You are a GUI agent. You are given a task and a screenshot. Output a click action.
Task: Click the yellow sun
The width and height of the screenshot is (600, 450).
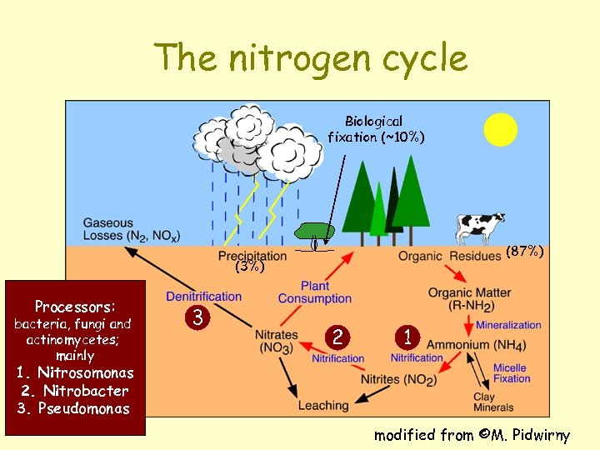pyautogui.click(x=502, y=129)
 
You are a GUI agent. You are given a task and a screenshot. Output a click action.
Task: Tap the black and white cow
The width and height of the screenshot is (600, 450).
pyautogui.click(x=480, y=226)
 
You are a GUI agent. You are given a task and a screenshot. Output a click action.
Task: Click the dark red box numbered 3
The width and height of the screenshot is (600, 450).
pyautogui.click(x=197, y=317)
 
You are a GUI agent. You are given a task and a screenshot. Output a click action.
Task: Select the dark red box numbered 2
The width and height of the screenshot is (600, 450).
pyautogui.click(x=337, y=337)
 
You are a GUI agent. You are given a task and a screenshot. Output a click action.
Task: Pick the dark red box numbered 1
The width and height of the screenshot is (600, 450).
pyautogui.click(x=407, y=337)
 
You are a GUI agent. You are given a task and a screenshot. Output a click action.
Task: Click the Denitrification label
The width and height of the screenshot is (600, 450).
pyautogui.click(x=203, y=296)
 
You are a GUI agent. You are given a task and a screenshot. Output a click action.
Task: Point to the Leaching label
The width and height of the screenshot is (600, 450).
pyautogui.click(x=323, y=405)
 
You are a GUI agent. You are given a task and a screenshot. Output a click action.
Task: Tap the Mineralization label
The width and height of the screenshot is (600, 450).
pyautogui.click(x=508, y=325)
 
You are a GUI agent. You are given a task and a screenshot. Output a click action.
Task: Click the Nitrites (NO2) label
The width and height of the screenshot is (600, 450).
pyautogui.click(x=398, y=380)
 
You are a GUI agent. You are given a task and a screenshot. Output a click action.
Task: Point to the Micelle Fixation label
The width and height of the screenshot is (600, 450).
pyautogui.click(x=510, y=373)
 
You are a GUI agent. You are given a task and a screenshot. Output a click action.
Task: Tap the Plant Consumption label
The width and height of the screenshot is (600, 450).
pyautogui.click(x=315, y=292)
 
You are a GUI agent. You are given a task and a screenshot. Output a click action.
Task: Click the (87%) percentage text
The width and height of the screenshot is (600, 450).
pyautogui.click(x=525, y=251)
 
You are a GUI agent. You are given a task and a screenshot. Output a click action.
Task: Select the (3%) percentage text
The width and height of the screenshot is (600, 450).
pyautogui.click(x=249, y=267)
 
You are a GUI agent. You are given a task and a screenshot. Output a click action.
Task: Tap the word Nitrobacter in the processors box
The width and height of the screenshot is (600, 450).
pyautogui.click(x=86, y=390)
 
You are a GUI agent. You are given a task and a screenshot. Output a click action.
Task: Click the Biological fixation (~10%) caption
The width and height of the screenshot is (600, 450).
pyautogui.click(x=376, y=129)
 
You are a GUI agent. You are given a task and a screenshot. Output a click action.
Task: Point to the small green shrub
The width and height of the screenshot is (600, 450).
pyautogui.click(x=315, y=231)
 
